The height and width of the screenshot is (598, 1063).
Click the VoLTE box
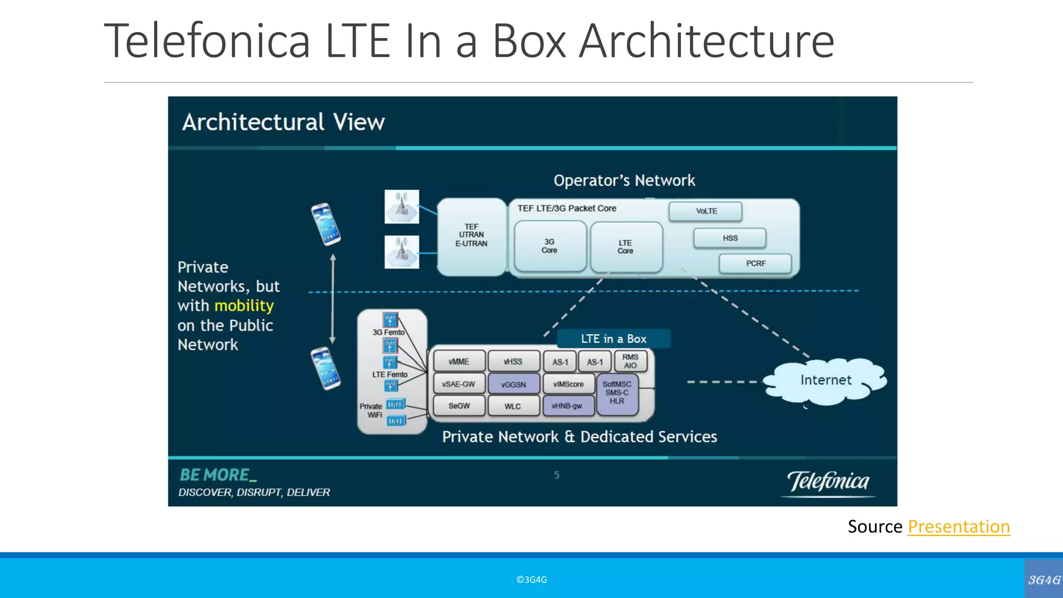[705, 211]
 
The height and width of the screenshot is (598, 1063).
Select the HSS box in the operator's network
[729, 238]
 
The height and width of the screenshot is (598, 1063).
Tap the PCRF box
[755, 264]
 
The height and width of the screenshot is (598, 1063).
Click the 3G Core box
[550, 246]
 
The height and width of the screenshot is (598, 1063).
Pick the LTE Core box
[626, 247]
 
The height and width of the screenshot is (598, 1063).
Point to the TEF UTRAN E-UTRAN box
[471, 236]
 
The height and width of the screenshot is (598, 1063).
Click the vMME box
[459, 361]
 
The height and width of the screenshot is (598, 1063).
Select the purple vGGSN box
[513, 385]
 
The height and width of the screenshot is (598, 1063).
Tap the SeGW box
[459, 406]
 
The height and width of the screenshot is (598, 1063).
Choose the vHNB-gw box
[567, 406]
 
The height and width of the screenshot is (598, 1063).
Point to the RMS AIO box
[630, 361]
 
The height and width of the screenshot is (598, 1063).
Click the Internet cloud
[825, 380]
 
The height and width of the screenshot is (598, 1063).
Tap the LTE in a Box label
[614, 339]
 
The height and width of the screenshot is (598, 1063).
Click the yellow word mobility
[244, 306]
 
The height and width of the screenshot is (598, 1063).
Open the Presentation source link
[958, 527]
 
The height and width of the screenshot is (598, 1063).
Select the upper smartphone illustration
[326, 224]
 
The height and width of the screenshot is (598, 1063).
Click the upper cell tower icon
[402, 207]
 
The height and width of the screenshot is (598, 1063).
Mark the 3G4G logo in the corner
[1044, 579]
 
